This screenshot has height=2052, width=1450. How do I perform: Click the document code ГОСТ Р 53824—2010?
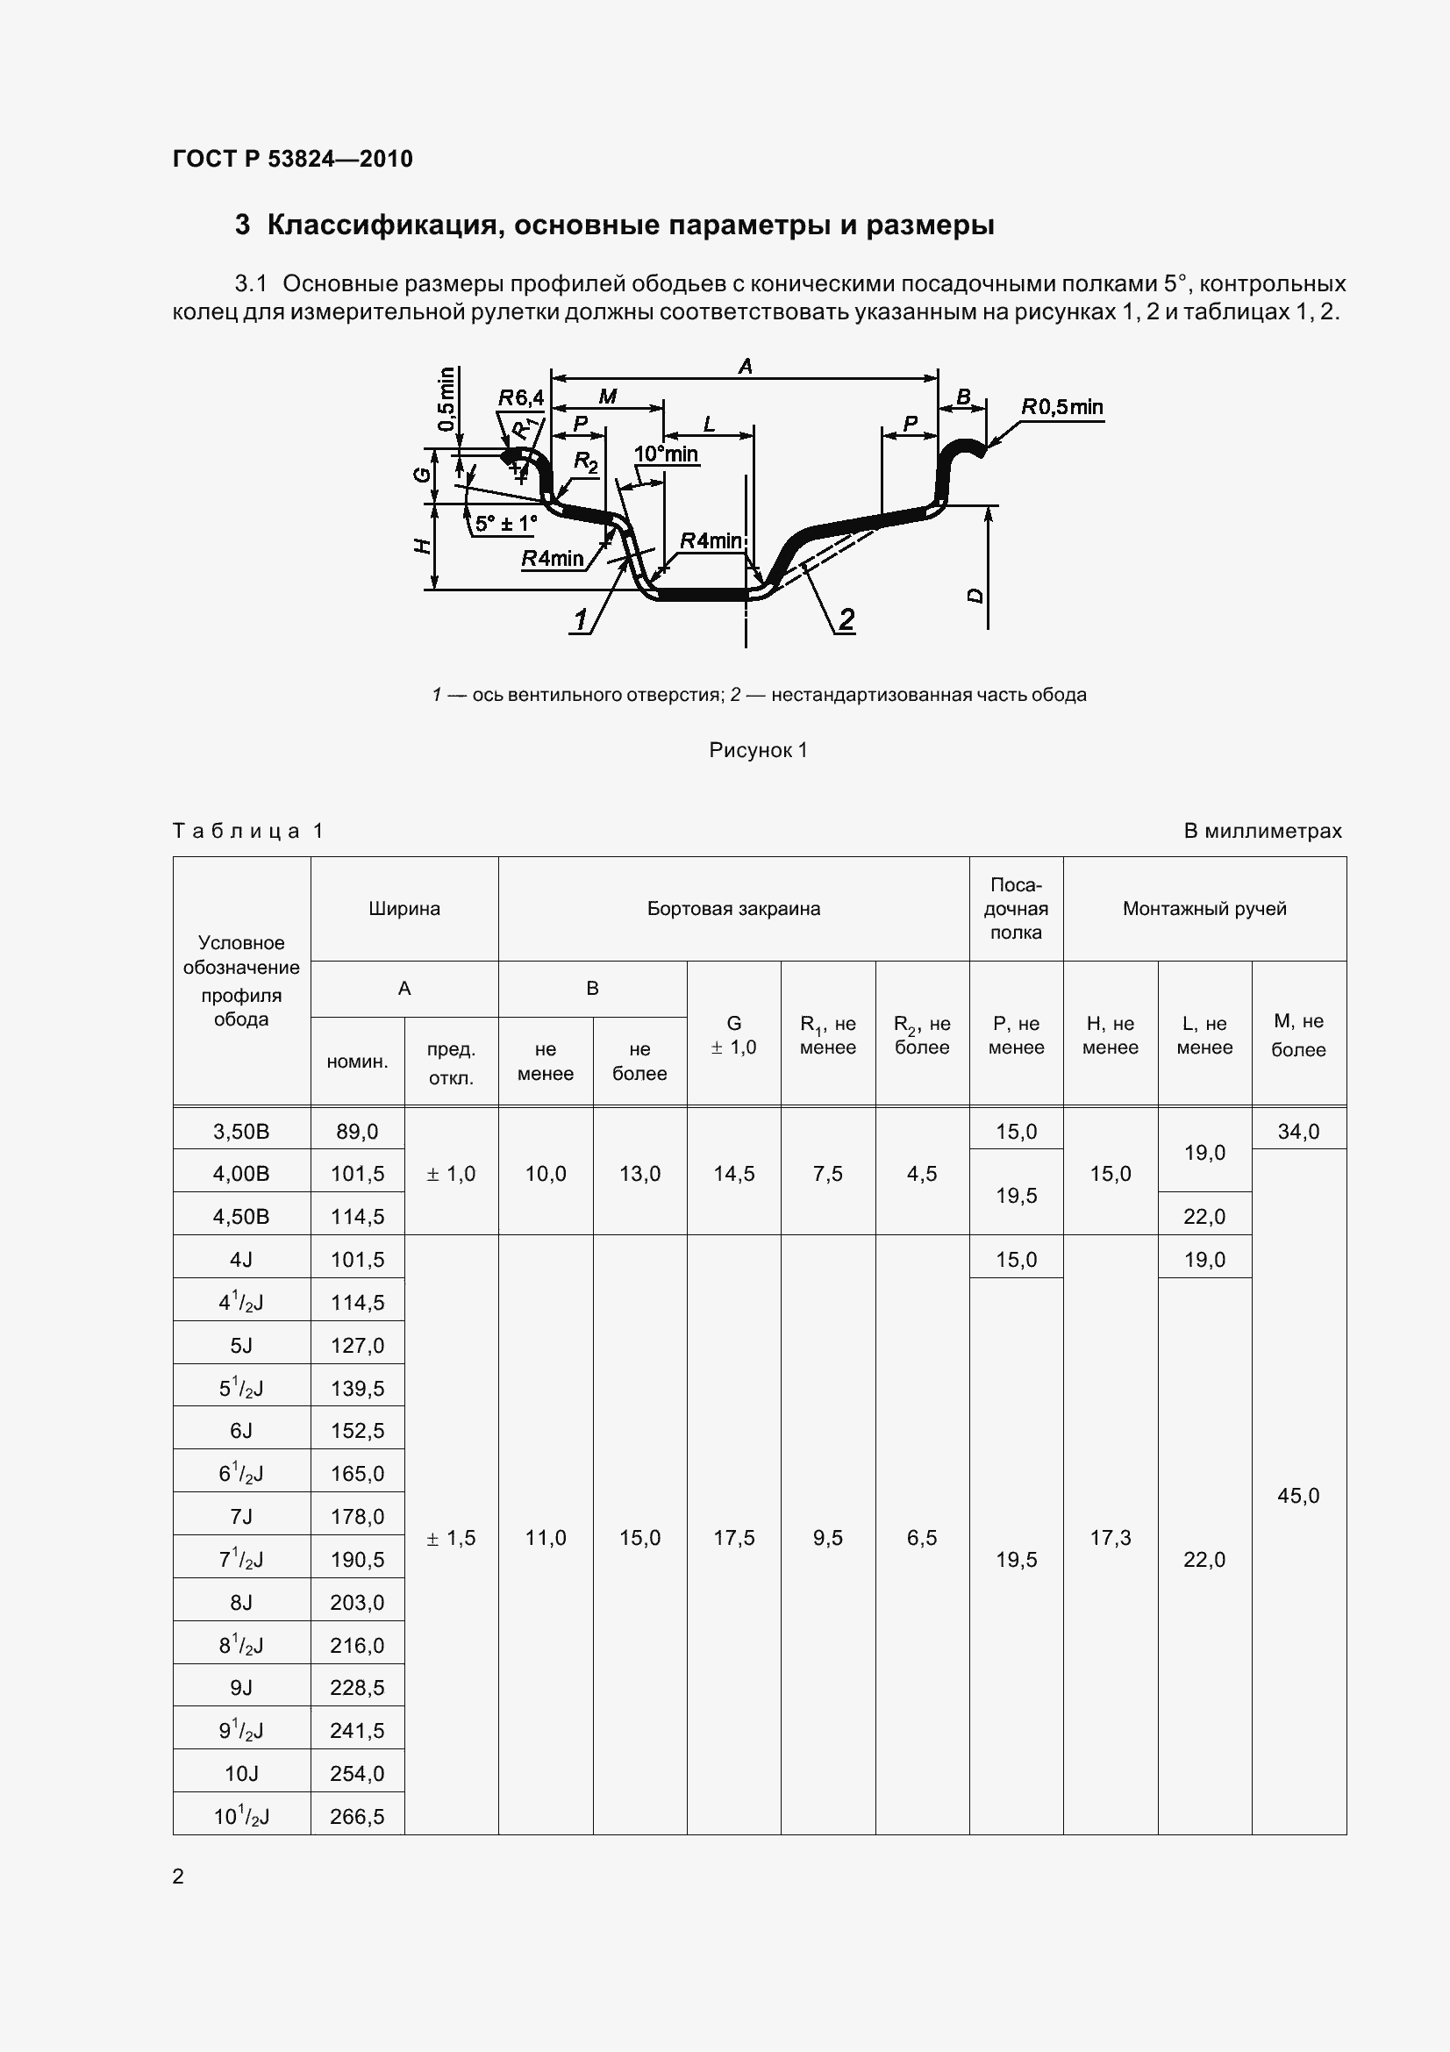coord(292,159)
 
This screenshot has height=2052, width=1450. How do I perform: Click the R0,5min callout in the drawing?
coord(1061,408)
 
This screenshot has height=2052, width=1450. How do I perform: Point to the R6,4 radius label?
coord(520,397)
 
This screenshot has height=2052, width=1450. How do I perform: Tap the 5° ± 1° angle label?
coord(505,524)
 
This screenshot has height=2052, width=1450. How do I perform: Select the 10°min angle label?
coord(666,454)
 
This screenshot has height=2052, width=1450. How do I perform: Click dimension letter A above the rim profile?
coord(745,366)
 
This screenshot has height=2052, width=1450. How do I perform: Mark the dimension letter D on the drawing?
coord(975,595)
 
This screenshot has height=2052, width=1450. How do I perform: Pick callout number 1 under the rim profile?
coord(581,618)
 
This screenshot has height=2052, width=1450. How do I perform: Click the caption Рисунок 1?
coord(758,750)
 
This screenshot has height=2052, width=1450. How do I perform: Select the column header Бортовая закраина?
coord(733,909)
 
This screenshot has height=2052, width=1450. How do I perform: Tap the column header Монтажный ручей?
coord(1204,909)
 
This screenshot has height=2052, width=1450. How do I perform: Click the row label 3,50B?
coord(241,1132)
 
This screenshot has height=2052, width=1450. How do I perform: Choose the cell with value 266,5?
coord(357,1816)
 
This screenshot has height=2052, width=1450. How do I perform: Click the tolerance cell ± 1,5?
coord(451,1538)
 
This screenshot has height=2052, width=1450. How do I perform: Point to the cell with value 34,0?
coord(1298,1132)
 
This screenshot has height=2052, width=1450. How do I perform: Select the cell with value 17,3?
coord(1111,1538)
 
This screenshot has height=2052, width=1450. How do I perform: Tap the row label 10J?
coord(241,1773)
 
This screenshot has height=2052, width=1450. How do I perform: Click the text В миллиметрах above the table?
coord(1262,831)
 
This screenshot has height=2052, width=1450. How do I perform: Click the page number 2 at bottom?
coord(178,1876)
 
